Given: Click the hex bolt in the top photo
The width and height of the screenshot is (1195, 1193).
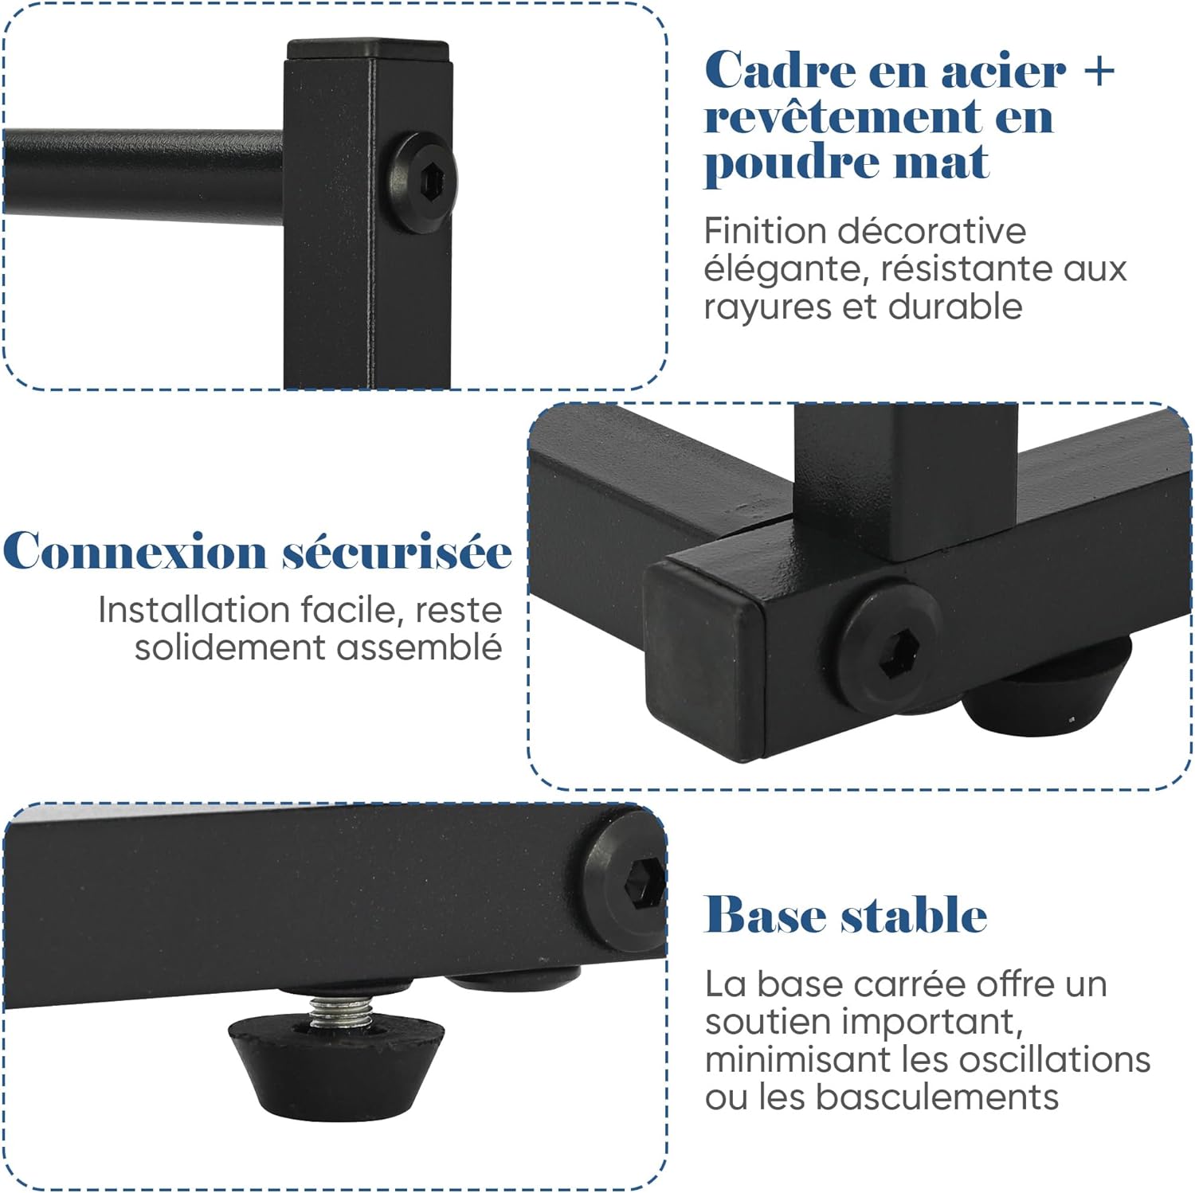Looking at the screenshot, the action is coord(423,182).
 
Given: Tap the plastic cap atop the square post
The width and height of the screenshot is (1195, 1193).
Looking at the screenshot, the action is coord(368,50).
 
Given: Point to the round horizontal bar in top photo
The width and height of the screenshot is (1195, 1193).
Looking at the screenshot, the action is coord(143,173).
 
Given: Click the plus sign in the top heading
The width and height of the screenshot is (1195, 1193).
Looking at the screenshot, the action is coord(1099,71).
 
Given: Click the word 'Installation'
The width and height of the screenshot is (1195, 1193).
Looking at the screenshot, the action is coord(194,610).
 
